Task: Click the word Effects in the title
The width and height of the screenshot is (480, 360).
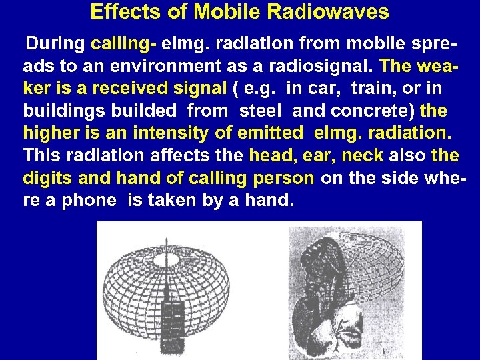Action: click(x=117, y=12)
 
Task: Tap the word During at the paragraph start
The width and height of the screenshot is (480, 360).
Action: click(x=55, y=45)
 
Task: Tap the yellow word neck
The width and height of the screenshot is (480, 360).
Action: click(x=361, y=155)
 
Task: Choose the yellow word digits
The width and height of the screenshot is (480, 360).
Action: click(x=47, y=178)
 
